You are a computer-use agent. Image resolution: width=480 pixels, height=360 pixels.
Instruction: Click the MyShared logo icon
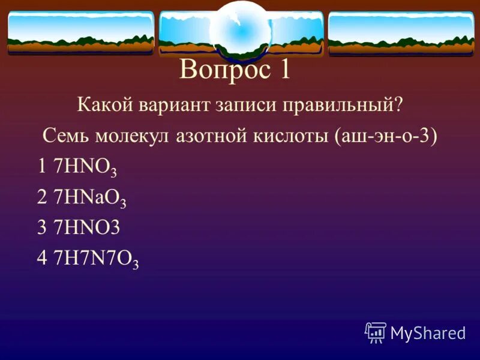click(x=376, y=331)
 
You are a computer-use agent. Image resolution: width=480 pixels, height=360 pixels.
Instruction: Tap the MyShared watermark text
click(x=428, y=332)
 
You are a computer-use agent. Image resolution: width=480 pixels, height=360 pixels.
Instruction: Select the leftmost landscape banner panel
click(x=80, y=32)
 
